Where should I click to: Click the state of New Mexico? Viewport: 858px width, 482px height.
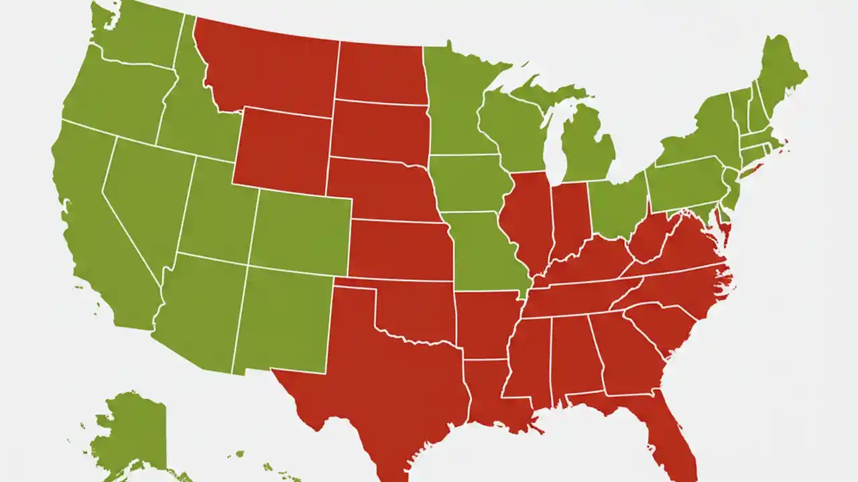282,318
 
